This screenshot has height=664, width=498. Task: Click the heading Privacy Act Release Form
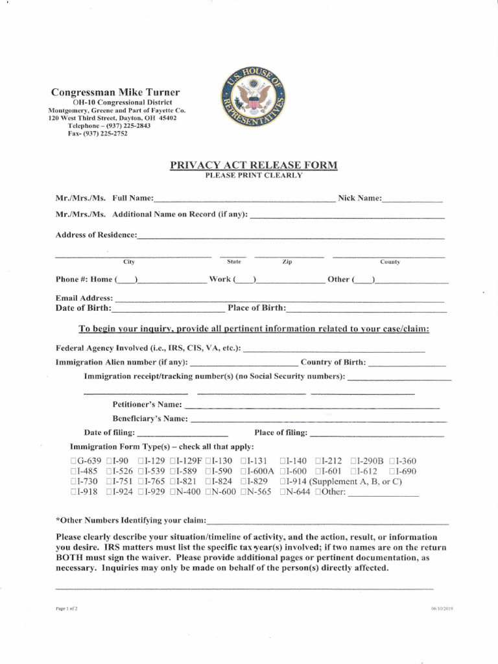(254, 165)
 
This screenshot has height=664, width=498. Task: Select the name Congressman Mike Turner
(115, 92)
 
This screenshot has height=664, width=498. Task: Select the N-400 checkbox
(173, 492)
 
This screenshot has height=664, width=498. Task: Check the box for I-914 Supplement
(283, 482)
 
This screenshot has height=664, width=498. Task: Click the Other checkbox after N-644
(318, 492)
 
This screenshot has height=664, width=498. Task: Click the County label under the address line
(390, 262)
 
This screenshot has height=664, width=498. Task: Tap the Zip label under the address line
(287, 262)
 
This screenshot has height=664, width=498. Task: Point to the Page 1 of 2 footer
(67, 609)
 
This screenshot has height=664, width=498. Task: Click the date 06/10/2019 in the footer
(441, 609)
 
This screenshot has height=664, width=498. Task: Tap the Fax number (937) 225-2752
(97, 134)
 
